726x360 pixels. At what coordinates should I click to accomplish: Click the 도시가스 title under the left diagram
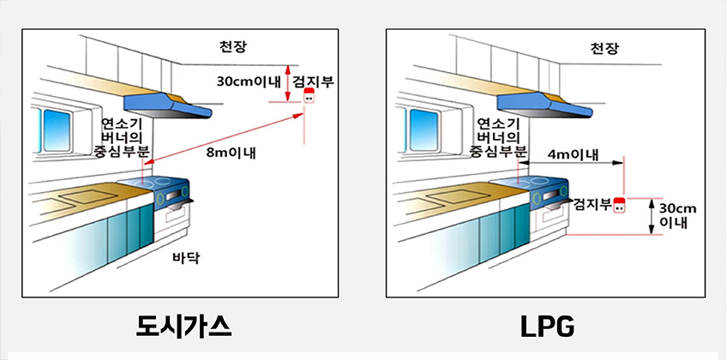coord(183,327)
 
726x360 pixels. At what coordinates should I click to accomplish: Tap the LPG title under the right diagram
coord(548,327)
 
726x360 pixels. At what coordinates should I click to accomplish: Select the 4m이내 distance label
coord(571,154)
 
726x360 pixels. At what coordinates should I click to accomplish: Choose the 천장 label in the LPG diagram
coord(603,48)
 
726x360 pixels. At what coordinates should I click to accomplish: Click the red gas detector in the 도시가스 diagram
coord(309,96)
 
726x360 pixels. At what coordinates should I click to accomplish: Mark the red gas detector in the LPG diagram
coord(619,205)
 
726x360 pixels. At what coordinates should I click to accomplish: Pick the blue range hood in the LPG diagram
coord(544,105)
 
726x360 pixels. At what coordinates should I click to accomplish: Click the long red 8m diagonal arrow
coord(224,139)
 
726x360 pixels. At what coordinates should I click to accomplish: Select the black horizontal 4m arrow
coord(571,163)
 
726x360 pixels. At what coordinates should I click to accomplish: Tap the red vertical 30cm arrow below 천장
coord(287,83)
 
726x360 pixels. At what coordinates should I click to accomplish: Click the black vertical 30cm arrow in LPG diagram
coord(651,217)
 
